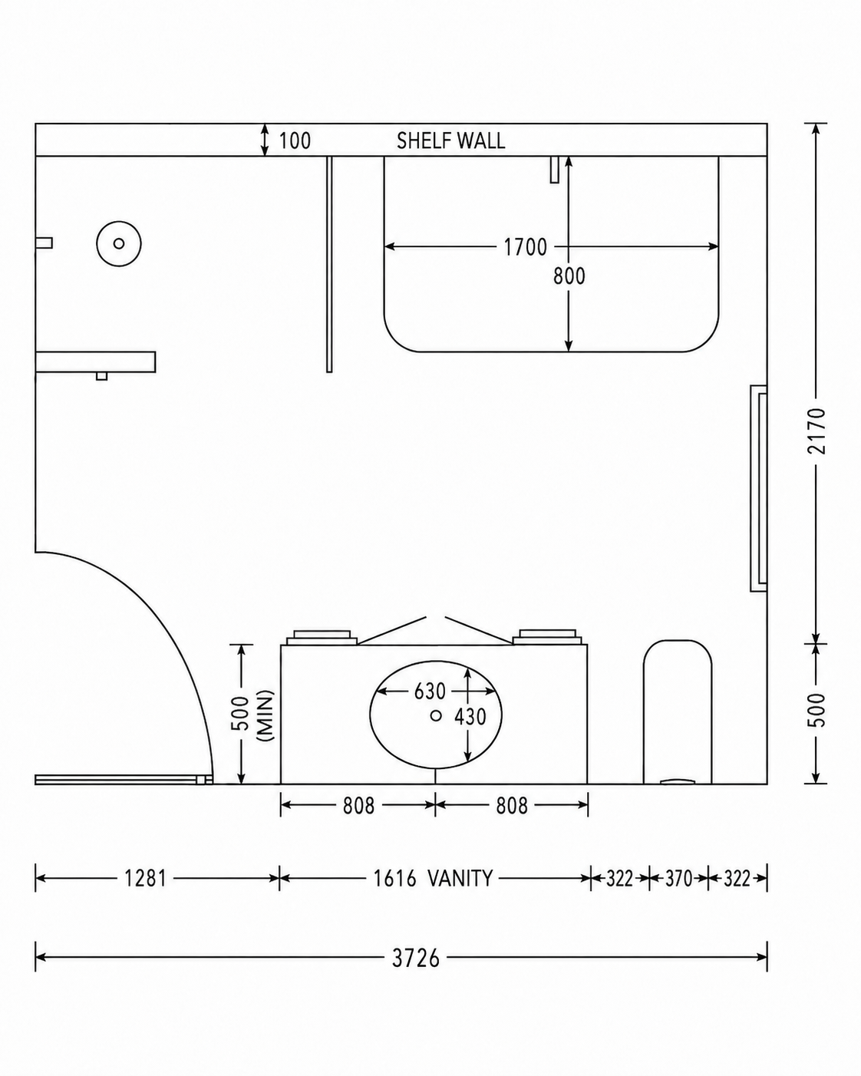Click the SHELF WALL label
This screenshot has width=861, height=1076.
450,141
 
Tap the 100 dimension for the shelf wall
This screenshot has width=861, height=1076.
295,141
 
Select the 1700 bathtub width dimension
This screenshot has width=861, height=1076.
525,247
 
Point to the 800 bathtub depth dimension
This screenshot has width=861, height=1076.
569,276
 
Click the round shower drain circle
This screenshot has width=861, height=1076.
119,243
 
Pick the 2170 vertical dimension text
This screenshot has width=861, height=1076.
816,431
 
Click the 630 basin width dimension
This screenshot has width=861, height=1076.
430,691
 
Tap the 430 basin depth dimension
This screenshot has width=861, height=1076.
470,717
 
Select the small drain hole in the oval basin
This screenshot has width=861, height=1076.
436,715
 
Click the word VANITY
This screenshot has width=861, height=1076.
460,878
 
